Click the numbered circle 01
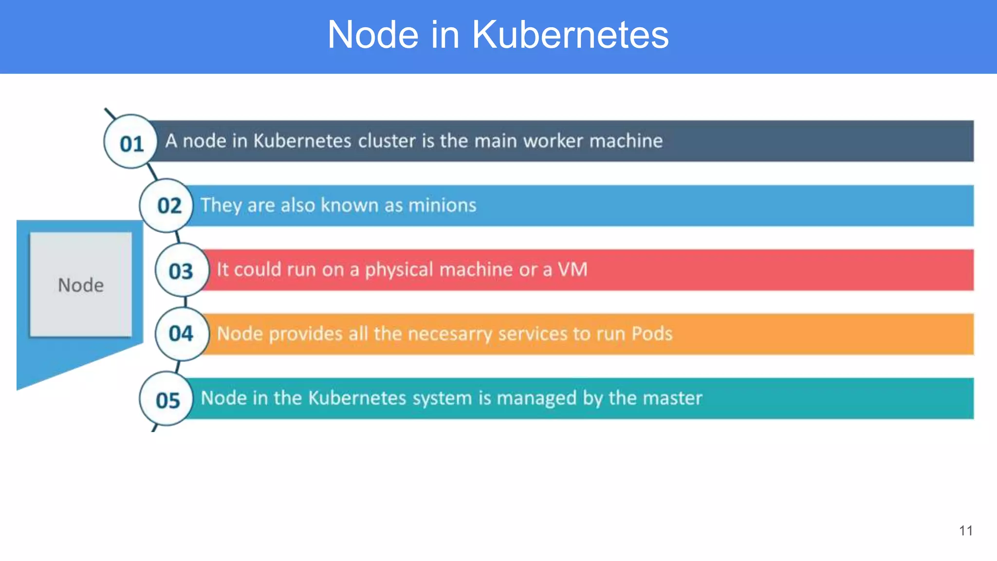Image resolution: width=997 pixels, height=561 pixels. point(131,142)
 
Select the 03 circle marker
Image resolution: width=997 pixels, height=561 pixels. point(181,271)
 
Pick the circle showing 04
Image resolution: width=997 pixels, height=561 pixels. point(181,334)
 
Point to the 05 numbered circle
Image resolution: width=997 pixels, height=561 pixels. point(167,399)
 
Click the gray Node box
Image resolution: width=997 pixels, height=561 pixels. point(81,284)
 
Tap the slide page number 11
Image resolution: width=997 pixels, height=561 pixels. point(966,531)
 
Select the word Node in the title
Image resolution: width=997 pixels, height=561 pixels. point(373,35)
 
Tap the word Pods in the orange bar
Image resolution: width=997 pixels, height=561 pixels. point(652,334)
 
